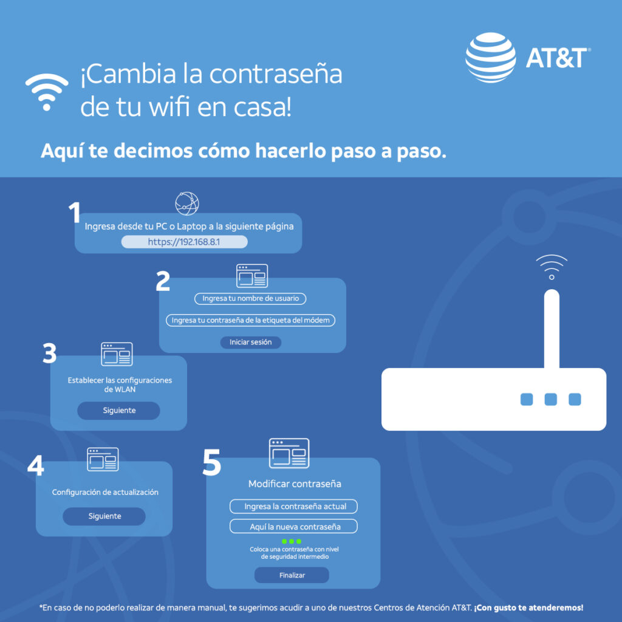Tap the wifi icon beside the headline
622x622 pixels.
pos(47,92)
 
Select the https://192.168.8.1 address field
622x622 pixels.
pos(185,242)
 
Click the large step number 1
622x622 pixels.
pos(74,213)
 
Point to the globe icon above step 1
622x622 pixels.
pos(187,203)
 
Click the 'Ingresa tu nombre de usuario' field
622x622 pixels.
pos(250,299)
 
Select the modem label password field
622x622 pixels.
pos(250,320)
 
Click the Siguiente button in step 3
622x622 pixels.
pos(118,411)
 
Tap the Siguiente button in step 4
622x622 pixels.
pos(104,516)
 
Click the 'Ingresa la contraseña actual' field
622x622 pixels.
pos(294,506)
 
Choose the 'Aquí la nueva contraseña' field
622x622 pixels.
pos(294,527)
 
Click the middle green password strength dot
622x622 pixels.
pos(292,541)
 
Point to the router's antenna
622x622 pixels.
pos(551,328)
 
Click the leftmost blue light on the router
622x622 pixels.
pos(527,399)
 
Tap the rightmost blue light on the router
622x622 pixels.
pos(575,399)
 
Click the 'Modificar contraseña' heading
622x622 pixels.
pos(295,484)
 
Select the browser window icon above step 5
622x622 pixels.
pos(289,453)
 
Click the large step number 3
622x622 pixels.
pos(50,354)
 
